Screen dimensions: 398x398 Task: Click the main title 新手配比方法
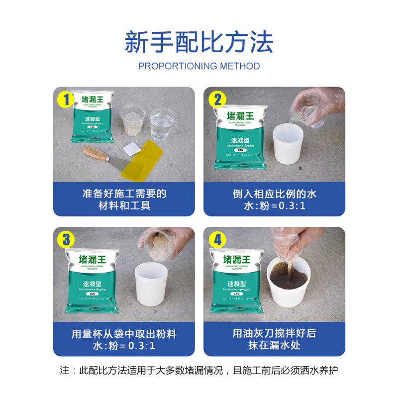point(199,42)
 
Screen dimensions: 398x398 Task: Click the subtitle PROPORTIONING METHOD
point(199,66)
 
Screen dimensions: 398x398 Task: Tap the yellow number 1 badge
point(64,99)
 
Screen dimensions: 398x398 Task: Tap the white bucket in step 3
point(151,283)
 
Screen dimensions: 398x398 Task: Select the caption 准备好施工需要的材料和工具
point(124,199)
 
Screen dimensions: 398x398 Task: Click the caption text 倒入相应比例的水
point(275,193)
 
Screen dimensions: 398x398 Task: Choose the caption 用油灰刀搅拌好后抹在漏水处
point(274,339)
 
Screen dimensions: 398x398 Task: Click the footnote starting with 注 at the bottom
point(199,371)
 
